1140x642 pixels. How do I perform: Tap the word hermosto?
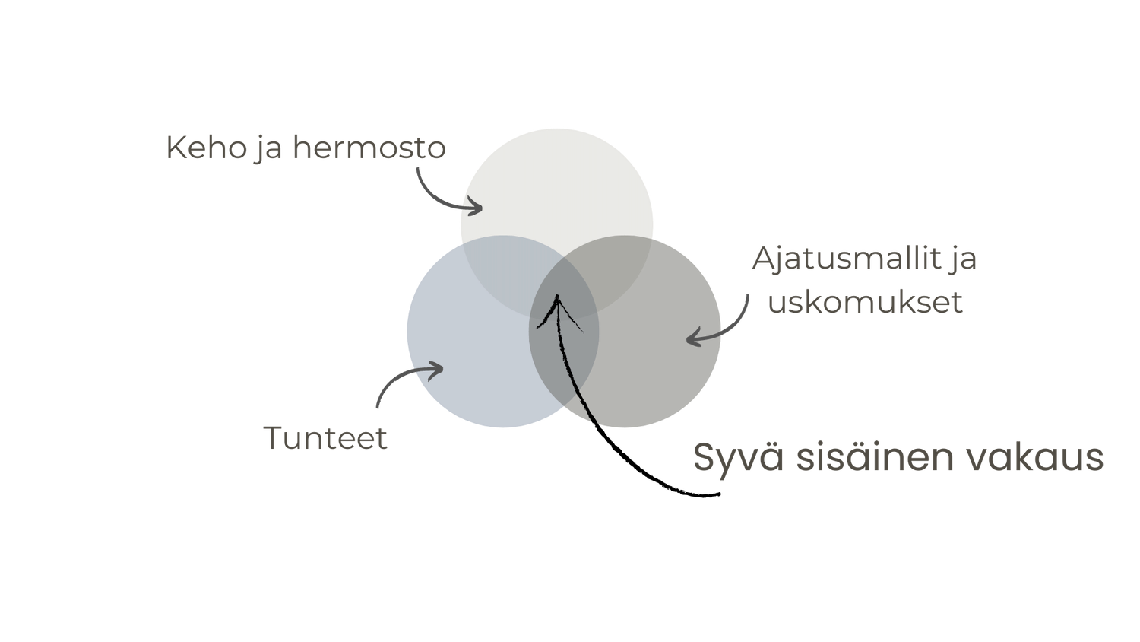[x=369, y=147]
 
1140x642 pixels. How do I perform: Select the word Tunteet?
[x=325, y=438]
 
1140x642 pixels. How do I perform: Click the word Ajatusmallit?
[x=845, y=259]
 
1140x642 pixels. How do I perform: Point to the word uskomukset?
[x=865, y=302]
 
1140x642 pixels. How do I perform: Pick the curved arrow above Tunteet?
[x=403, y=380]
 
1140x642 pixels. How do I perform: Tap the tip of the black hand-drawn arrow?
[x=558, y=298]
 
